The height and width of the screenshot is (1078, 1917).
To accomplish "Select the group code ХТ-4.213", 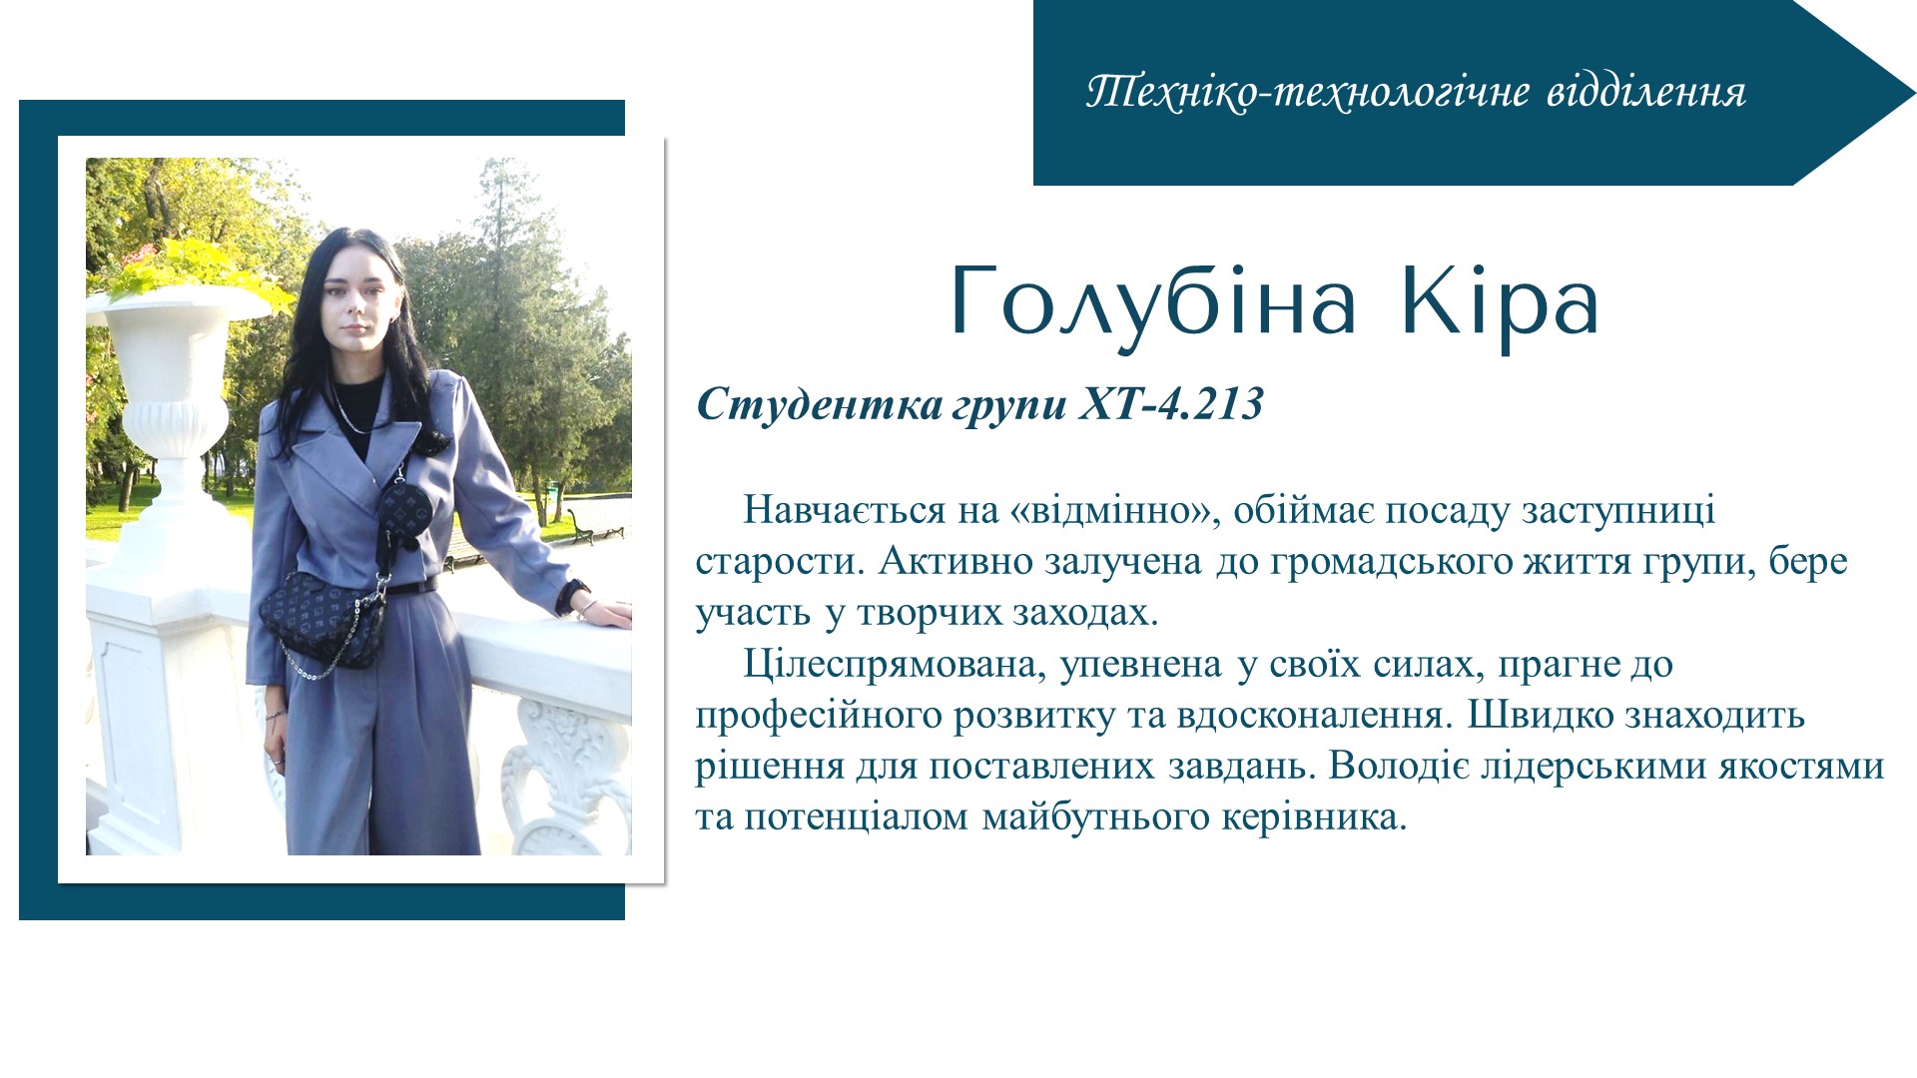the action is point(1170,404).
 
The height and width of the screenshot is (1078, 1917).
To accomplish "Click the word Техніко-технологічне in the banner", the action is point(1308,92).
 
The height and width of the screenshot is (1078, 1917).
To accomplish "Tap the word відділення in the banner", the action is point(1646,92).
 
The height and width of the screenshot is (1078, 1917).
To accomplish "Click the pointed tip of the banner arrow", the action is point(1914,92).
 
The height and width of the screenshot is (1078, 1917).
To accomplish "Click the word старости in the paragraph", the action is point(781,562).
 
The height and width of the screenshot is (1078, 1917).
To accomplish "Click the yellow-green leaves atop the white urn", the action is point(190,267).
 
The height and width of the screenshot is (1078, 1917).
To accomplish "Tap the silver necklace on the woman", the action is point(349,409).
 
